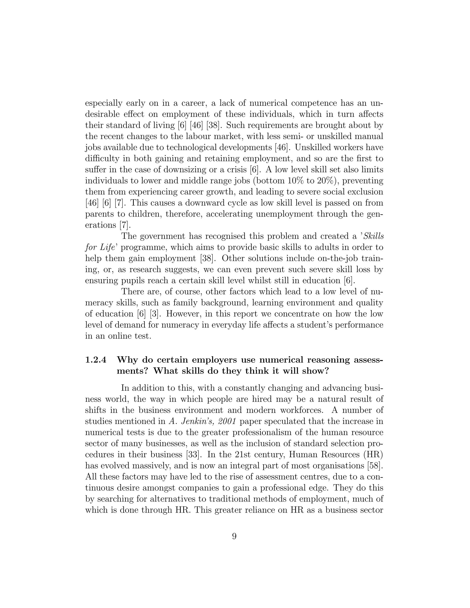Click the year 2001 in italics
click(x=225, y=421)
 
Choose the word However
click(x=184, y=314)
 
